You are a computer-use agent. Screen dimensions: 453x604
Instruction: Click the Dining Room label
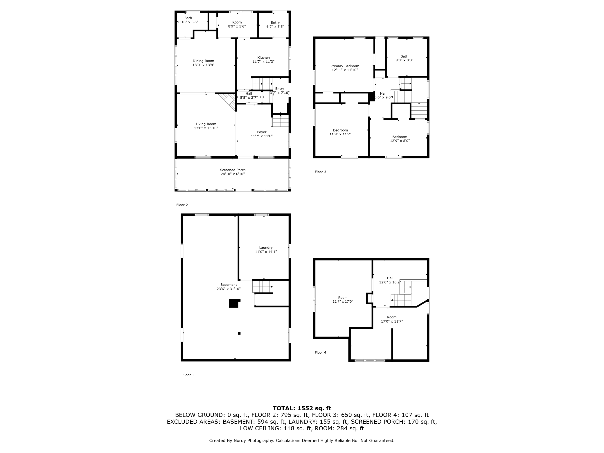[203, 61]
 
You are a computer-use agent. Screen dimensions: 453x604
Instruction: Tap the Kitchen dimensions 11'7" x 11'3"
[263, 62]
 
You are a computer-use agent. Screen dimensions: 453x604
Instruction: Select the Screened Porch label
[233, 170]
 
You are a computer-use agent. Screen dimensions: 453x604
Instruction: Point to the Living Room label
[206, 124]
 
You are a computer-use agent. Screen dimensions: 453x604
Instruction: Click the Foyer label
[262, 132]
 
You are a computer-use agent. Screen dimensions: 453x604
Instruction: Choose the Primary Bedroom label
[345, 66]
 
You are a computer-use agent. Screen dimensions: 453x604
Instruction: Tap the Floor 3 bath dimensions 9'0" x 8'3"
[404, 60]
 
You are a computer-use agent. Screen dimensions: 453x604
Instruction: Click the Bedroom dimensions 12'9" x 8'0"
[400, 141]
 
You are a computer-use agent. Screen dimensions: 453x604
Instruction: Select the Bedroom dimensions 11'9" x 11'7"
[340, 134]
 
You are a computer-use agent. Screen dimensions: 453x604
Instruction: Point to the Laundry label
[266, 248]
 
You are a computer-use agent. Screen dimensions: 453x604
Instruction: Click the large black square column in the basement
[234, 303]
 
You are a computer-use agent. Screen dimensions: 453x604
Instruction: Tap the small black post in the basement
[239, 333]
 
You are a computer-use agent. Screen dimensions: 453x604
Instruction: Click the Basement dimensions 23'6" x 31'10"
[229, 289]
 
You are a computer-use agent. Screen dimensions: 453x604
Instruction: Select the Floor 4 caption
[320, 353]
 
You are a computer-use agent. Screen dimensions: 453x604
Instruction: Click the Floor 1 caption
[188, 375]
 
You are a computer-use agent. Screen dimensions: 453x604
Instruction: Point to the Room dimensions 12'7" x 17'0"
[343, 301]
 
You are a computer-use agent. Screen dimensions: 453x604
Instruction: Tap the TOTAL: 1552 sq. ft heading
[302, 408]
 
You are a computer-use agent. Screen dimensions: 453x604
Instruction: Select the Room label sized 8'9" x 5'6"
[237, 22]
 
